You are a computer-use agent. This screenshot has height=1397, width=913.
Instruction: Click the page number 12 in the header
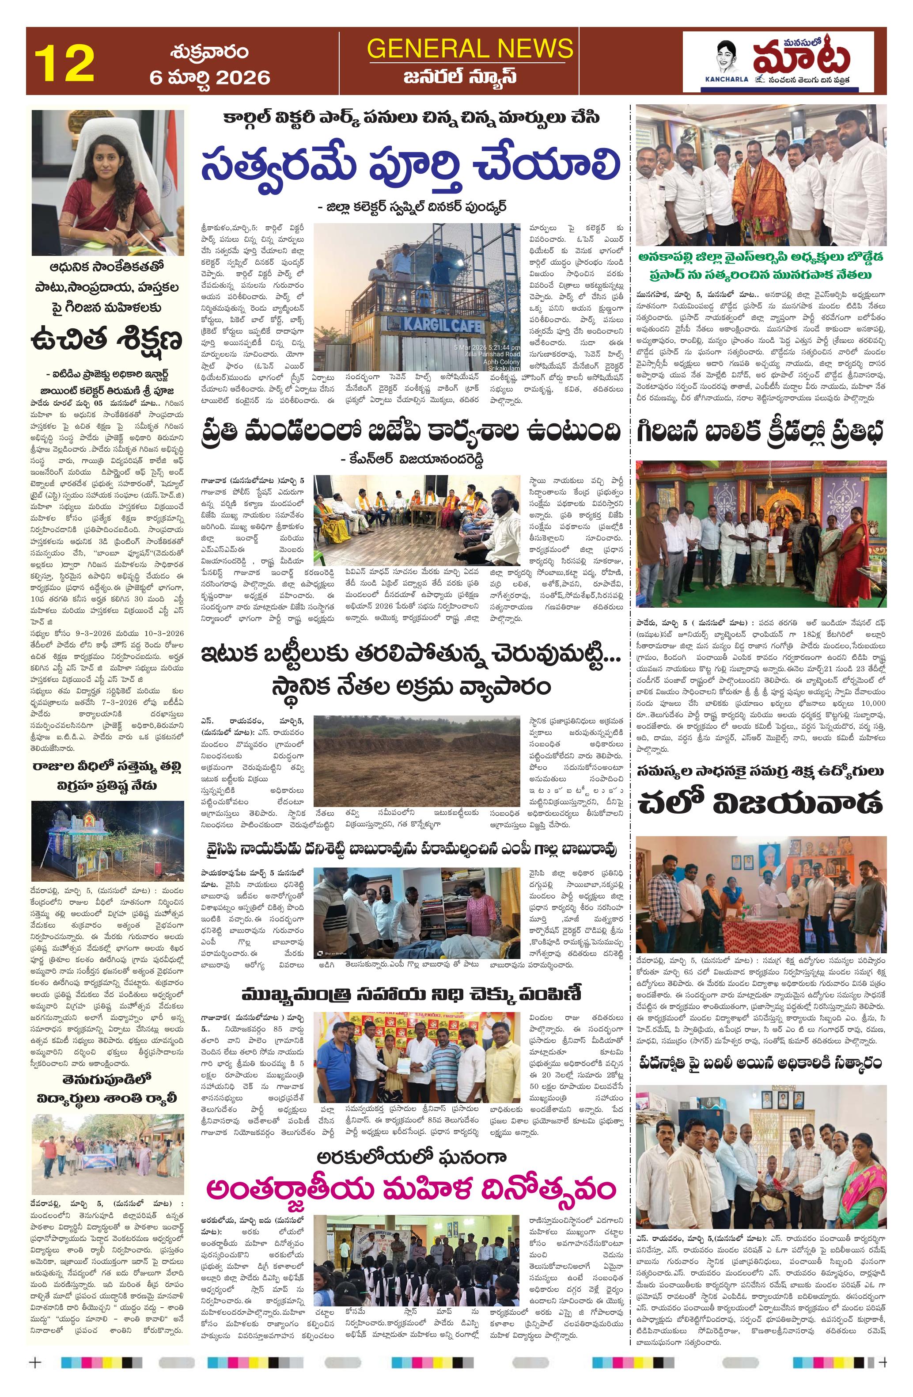pyautogui.click(x=64, y=63)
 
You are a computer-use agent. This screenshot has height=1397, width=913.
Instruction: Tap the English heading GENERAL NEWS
pyautogui.click(x=470, y=48)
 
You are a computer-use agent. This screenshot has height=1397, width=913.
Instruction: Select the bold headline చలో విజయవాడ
pyautogui.click(x=761, y=803)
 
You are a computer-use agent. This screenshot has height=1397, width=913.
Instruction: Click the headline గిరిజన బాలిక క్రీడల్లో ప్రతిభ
pyautogui.click(x=761, y=433)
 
